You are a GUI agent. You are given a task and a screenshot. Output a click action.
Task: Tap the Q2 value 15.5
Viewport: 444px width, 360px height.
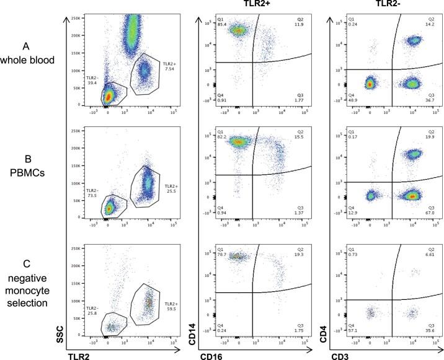pyautogui.click(x=299, y=144)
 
